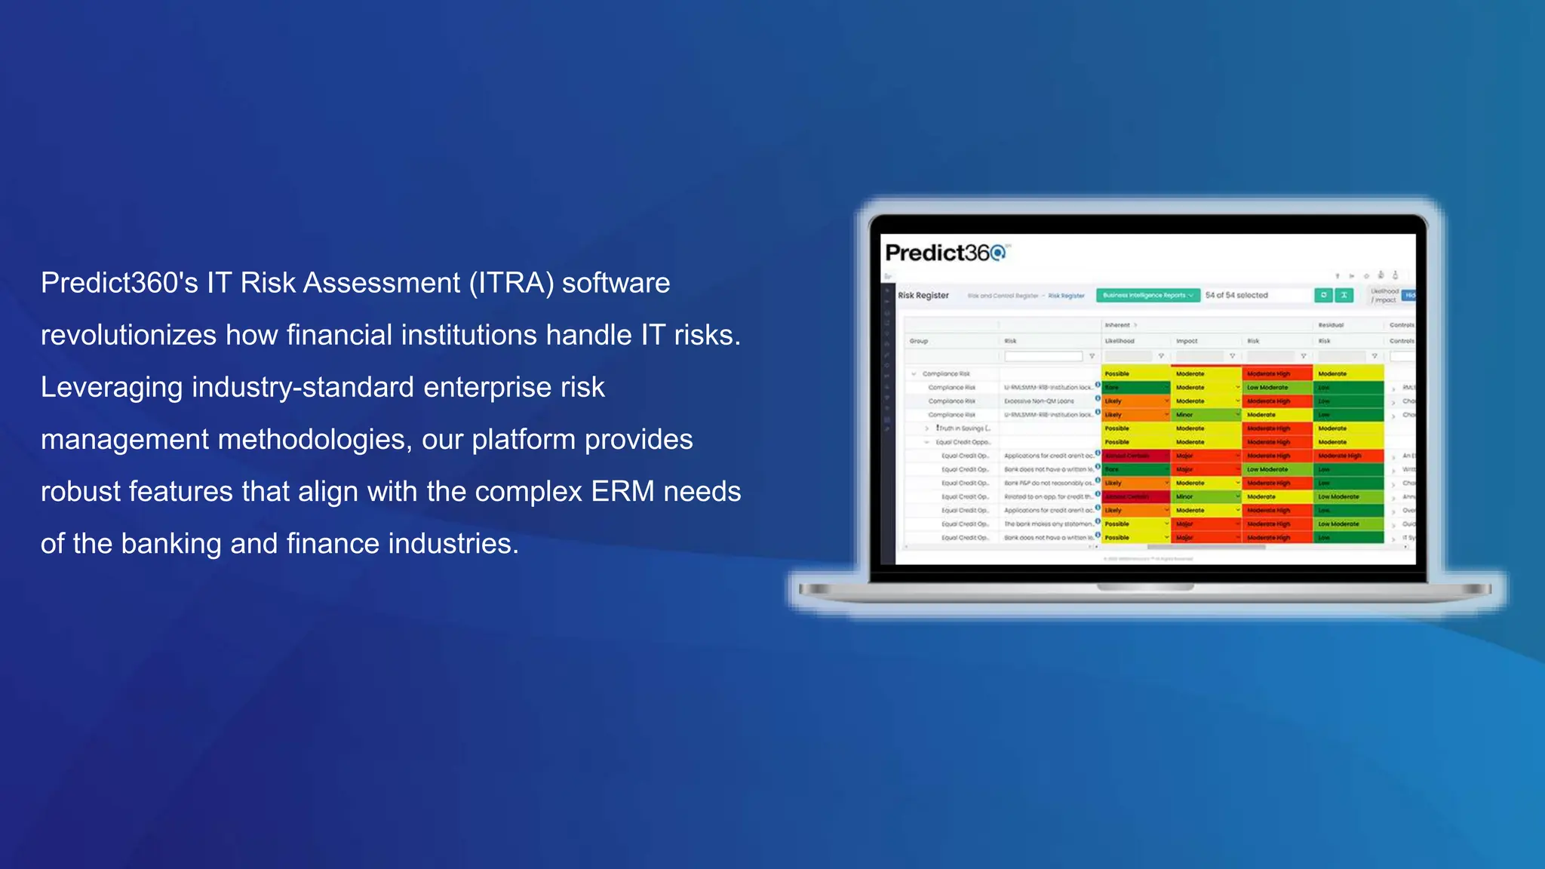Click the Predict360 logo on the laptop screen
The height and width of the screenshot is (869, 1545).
[945, 253]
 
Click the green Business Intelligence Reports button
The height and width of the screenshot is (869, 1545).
[1147, 295]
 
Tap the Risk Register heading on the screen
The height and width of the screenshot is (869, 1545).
[923, 295]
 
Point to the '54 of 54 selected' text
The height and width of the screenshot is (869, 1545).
[1236, 295]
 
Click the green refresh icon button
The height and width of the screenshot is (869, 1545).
[1323, 295]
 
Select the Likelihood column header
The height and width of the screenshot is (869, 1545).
[1120, 341]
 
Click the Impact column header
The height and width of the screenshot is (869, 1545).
[1187, 341]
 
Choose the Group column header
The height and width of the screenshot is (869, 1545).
[919, 341]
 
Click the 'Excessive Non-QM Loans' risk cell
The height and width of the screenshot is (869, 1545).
[1039, 401]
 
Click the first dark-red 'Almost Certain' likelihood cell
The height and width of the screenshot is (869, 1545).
[1128, 456]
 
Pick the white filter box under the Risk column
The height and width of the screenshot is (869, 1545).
[1043, 356]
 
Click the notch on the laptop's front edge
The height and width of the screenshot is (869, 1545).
[1145, 587]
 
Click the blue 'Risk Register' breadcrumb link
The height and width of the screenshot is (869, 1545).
[1066, 296]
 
